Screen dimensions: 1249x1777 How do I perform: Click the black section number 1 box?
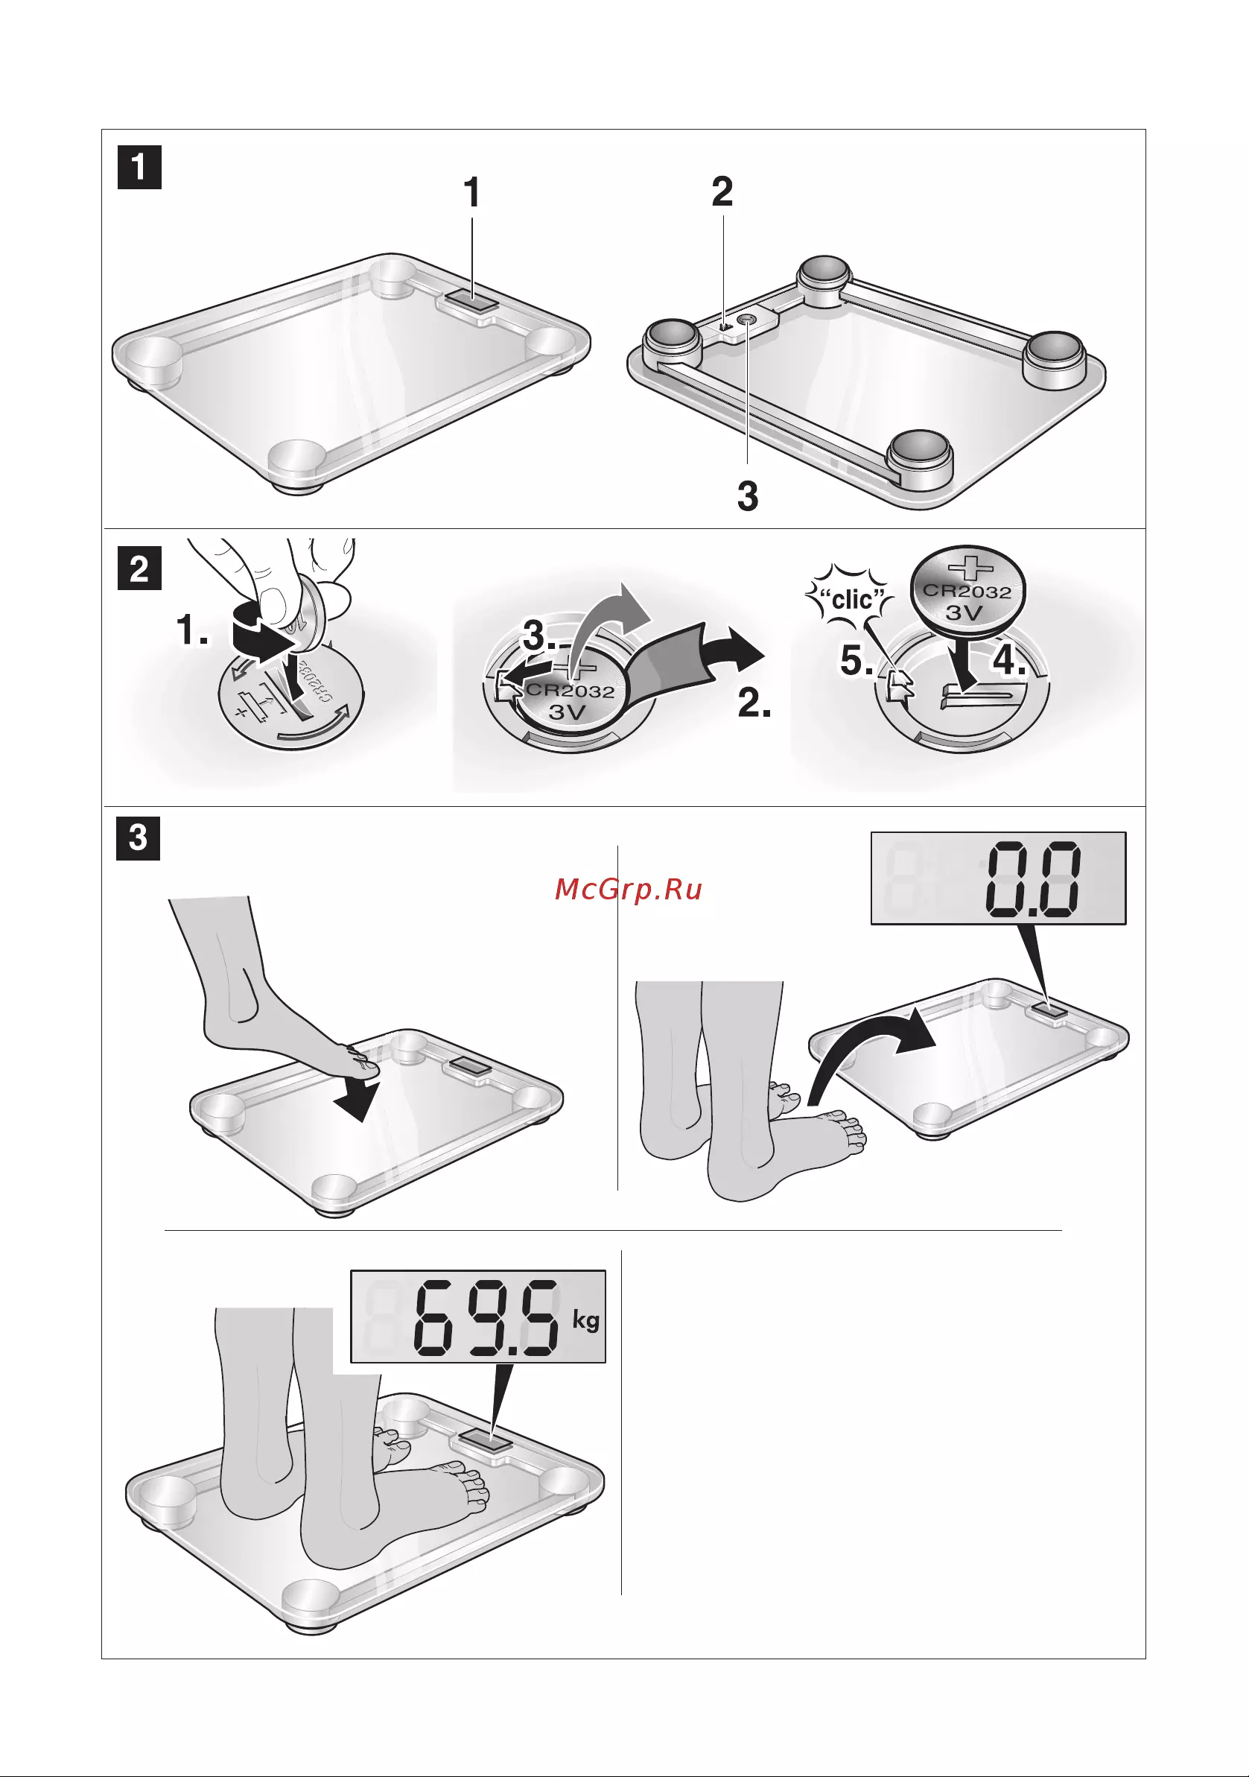[139, 167]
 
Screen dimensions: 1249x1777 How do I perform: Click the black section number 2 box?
[139, 568]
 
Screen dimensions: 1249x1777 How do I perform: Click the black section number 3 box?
[138, 838]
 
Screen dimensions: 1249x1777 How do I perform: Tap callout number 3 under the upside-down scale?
[748, 496]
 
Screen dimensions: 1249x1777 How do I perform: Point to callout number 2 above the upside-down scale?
[722, 191]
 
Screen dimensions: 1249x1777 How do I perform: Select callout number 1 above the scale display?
[471, 192]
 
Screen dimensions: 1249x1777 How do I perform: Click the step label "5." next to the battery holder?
[857, 660]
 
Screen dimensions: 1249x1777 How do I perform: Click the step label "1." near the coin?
[193, 630]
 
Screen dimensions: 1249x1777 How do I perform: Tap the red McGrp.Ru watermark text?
[629, 890]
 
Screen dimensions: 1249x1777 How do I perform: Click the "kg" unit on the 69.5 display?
[586, 1319]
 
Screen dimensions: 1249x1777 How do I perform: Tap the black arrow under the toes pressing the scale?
[357, 1099]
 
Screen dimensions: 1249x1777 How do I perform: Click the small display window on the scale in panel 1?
[472, 300]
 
